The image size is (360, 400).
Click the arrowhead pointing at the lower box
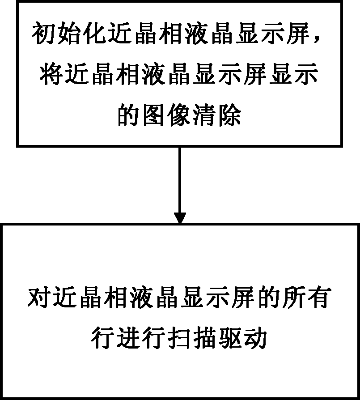coord(180,217)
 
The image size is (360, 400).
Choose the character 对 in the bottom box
coord(39,298)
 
